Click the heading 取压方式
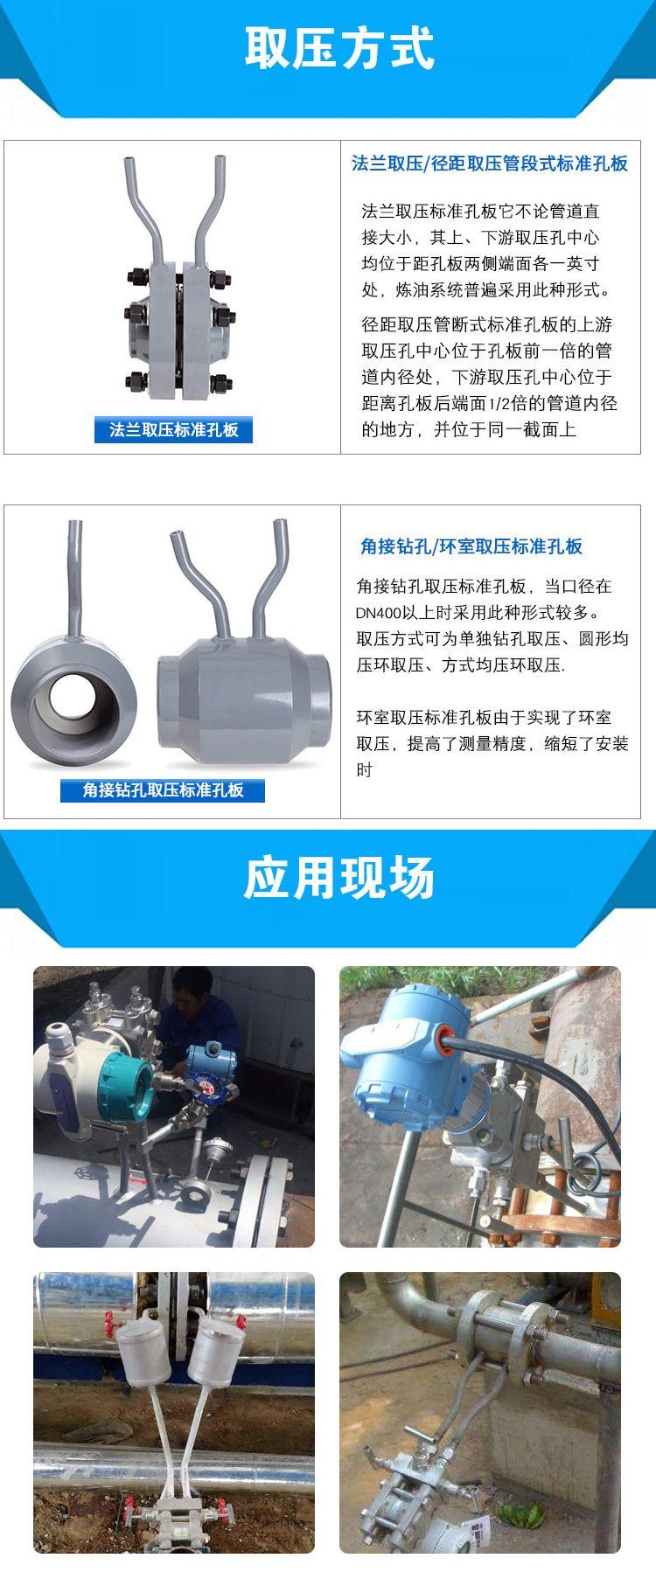[339, 47]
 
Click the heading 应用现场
[339, 877]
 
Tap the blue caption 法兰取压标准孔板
[174, 429]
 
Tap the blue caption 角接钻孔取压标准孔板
[163, 789]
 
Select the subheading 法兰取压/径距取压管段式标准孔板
[490, 163]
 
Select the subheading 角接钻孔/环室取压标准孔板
[471, 546]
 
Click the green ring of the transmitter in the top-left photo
[119, 1083]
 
